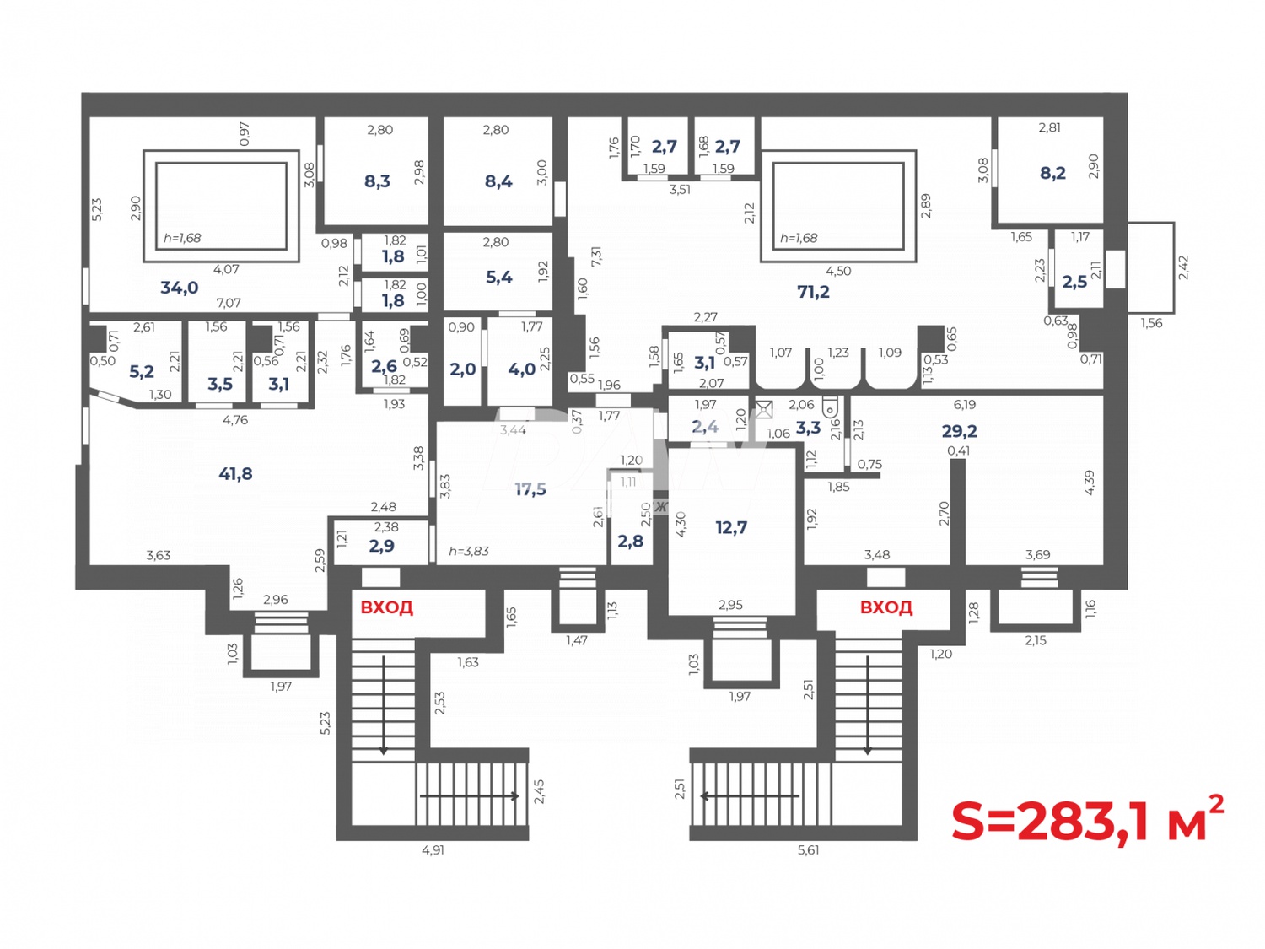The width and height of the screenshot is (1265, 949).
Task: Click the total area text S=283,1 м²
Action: point(1086,820)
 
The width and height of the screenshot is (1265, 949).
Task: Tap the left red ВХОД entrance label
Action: point(386,607)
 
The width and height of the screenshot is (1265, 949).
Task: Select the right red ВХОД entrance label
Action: point(885,607)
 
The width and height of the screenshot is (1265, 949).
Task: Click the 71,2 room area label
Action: point(813,292)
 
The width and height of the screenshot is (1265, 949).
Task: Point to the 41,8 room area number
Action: point(235,474)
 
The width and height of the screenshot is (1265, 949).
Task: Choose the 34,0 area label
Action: point(179,288)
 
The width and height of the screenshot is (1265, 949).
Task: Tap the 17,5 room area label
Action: point(530,489)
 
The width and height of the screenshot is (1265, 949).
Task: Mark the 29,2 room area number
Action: point(959,431)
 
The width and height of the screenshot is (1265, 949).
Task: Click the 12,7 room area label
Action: point(731,528)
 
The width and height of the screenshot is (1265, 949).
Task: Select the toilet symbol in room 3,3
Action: point(830,407)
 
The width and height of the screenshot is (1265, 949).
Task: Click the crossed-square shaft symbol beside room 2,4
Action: point(763,410)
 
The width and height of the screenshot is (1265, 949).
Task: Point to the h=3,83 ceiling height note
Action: point(468,551)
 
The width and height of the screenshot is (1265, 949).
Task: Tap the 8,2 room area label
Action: point(1052,173)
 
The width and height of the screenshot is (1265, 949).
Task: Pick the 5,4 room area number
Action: point(498,277)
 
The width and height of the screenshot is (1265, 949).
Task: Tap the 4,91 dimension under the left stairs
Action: point(433,850)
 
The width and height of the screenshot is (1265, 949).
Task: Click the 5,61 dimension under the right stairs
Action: point(808,850)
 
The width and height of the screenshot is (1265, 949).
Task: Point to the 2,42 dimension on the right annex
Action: point(1183,267)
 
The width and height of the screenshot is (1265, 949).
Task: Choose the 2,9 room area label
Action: point(381,546)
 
